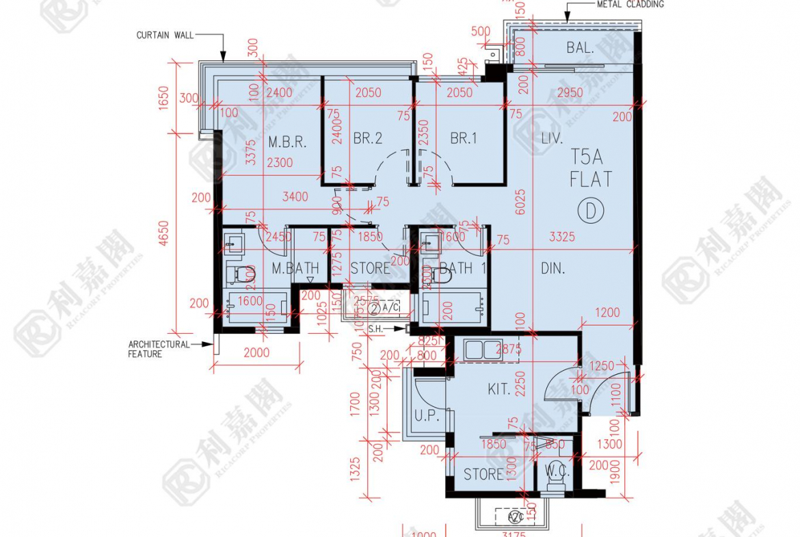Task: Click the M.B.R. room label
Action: [x=286, y=143]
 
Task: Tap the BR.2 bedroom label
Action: [x=368, y=139]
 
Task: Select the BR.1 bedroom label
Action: [x=464, y=139]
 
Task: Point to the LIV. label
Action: [x=552, y=139]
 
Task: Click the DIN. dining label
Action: [x=552, y=268]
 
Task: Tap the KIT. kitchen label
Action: [x=499, y=389]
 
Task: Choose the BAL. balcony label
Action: [x=580, y=48]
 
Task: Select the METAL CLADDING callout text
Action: [x=630, y=4]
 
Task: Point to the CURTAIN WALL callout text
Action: [x=165, y=35]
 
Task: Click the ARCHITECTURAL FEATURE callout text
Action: [x=159, y=349]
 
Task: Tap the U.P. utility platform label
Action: [x=426, y=415]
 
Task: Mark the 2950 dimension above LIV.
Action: [x=570, y=93]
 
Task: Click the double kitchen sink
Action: [x=483, y=350]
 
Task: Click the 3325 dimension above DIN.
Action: [x=562, y=237]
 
